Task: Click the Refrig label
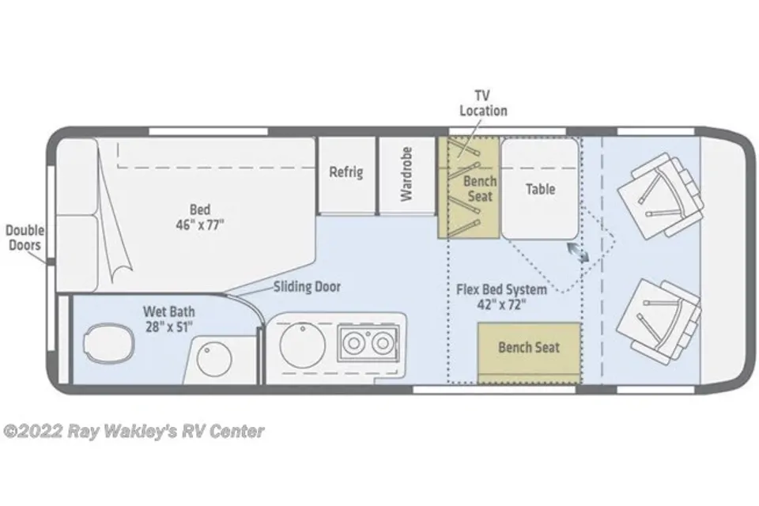point(346,172)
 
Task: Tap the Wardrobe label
point(406,174)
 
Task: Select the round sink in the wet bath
point(214,359)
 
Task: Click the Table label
point(540,189)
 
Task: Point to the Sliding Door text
point(307,287)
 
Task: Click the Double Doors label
point(25,237)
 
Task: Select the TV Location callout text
point(483,103)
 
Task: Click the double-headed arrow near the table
point(578,252)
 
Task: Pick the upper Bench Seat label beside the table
point(480,189)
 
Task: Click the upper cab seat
point(660,194)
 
